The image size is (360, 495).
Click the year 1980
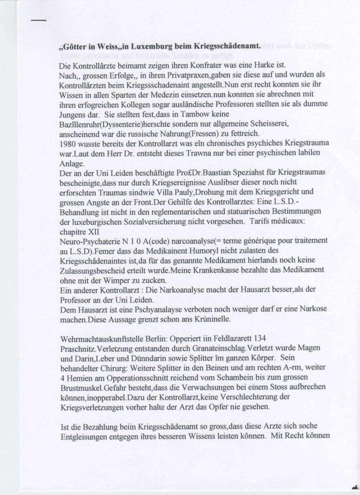point(69,144)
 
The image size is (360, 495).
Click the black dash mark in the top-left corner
point(38,21)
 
